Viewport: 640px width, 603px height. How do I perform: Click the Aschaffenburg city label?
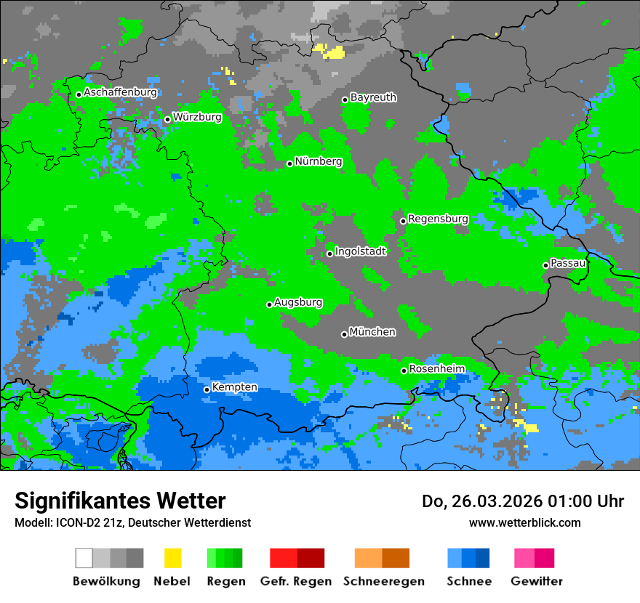(120, 92)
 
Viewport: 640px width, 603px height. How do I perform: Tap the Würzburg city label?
(197, 117)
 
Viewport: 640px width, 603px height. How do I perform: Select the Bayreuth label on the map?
(373, 97)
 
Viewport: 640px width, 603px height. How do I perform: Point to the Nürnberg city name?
(319, 161)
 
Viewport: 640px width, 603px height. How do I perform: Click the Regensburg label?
(438, 219)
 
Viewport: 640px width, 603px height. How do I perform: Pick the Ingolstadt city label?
(361, 251)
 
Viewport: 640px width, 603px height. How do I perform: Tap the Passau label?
(568, 263)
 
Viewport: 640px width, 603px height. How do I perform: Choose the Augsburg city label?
(298, 302)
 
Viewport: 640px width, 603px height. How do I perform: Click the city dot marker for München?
(345, 334)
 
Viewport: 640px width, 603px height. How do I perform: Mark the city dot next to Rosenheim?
(404, 371)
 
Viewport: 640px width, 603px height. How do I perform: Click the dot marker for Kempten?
(207, 389)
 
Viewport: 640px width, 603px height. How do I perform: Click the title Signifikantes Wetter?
(120, 501)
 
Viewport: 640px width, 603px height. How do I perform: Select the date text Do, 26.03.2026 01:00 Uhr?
(523, 501)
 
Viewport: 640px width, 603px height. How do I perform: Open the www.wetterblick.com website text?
(524, 522)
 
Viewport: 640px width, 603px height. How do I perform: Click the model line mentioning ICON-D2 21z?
(132, 522)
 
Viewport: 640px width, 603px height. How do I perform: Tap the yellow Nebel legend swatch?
(172, 558)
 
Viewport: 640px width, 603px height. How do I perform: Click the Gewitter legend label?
(537, 581)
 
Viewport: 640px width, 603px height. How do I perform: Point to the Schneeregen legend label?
(384, 581)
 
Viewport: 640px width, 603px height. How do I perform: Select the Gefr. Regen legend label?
(296, 581)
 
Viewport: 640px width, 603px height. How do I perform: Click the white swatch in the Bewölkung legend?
(84, 558)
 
